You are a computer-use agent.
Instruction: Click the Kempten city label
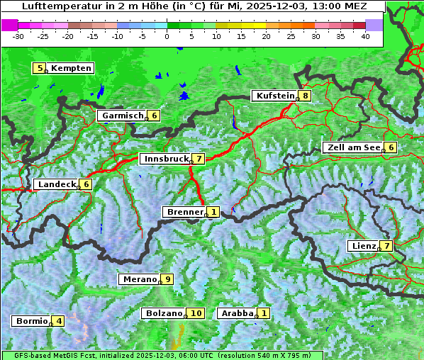click(x=71, y=68)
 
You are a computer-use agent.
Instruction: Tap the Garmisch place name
click(x=123, y=116)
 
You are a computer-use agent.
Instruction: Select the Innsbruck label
click(x=165, y=159)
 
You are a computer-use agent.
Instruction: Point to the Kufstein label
click(x=274, y=96)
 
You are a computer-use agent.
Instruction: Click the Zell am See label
click(x=352, y=147)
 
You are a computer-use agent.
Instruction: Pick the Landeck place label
click(x=56, y=184)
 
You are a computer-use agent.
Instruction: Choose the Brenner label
click(x=184, y=212)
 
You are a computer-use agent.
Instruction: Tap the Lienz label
click(x=363, y=246)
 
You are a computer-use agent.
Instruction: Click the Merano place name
click(x=139, y=279)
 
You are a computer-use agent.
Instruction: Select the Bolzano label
click(x=164, y=313)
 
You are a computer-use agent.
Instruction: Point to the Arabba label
click(x=237, y=313)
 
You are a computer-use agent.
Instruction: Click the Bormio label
click(x=31, y=321)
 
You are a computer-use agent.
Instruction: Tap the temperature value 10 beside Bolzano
click(x=196, y=313)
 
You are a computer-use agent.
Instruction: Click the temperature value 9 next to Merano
click(x=167, y=279)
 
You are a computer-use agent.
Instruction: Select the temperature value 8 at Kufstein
click(x=305, y=96)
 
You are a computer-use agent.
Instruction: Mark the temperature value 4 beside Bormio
click(x=59, y=321)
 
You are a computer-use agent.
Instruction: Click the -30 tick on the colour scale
click(x=18, y=36)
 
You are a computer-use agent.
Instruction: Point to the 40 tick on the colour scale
click(x=365, y=36)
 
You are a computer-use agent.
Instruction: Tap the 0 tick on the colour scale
click(x=167, y=36)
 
